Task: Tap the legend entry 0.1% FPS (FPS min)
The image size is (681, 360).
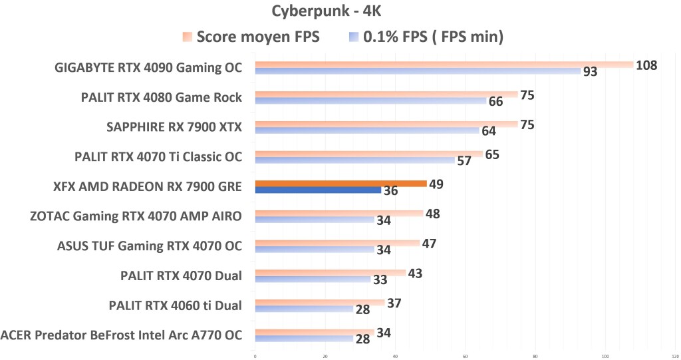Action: tap(433, 37)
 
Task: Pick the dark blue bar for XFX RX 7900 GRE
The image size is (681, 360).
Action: tap(319, 190)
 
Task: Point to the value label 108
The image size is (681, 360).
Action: tap(646, 65)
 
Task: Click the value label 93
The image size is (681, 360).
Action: tap(590, 72)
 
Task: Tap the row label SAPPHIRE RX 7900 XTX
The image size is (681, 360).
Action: tap(174, 127)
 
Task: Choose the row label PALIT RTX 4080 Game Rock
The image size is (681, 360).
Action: tap(162, 98)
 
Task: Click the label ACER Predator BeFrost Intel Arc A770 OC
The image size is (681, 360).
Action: tap(122, 334)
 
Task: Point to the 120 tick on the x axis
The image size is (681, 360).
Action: tap(674, 356)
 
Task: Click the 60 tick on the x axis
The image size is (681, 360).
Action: tap(466, 356)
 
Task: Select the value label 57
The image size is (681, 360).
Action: tap(464, 161)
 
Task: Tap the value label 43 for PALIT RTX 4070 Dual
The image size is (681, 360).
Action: tap(414, 273)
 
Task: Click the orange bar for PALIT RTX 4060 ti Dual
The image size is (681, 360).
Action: tap(320, 302)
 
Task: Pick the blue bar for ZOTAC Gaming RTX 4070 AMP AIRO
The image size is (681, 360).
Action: tap(315, 220)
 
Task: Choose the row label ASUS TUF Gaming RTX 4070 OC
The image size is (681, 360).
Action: tap(150, 246)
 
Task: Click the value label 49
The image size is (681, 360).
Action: tap(436, 184)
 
